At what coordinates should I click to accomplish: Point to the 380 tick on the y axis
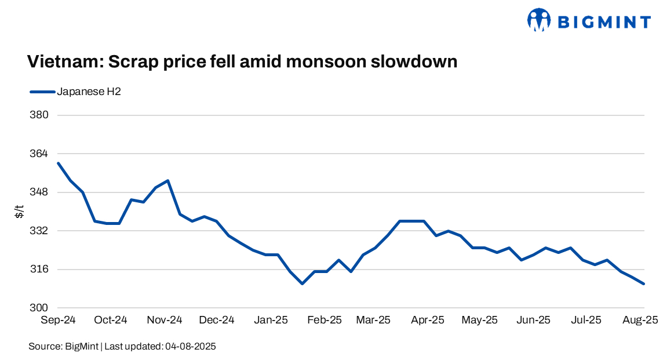pos(39,115)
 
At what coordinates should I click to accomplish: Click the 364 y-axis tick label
pos(39,154)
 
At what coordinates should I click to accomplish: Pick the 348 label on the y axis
pos(39,192)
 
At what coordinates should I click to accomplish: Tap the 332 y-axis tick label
pos(39,231)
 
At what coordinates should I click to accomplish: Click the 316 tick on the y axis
pos(39,269)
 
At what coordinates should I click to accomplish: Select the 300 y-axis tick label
pos(39,308)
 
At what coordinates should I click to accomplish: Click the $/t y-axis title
pos(19,212)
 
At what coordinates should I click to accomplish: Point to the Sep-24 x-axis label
pos(58,320)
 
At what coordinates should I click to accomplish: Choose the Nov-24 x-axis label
pos(165,320)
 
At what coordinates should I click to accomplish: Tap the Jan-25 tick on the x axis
pos(271,320)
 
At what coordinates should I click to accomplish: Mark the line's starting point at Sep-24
pos(59,163)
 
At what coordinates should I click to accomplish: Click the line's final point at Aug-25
pos(644,283)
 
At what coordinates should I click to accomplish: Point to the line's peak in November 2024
pos(167,180)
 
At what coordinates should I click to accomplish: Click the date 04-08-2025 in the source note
pos(191,347)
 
